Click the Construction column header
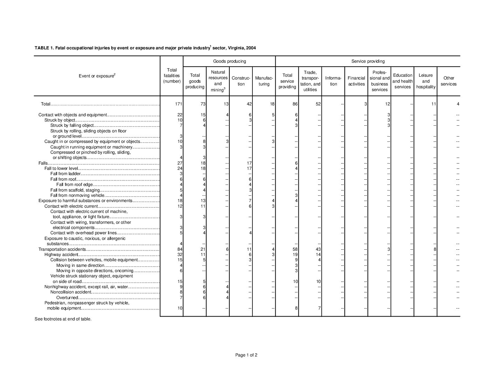point(241,81)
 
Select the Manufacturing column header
point(264,81)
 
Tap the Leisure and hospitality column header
point(425,81)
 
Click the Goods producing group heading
point(229,61)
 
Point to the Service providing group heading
point(368,61)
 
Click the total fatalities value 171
point(178,104)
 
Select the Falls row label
point(43,163)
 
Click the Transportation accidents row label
point(62,249)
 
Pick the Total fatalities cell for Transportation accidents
point(180,249)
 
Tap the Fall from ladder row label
point(65,174)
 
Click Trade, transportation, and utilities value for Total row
point(318,104)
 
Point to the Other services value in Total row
point(457,104)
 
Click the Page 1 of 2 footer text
point(246,355)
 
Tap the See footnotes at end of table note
point(63,319)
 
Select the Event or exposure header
point(97,76)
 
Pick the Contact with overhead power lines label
point(83,233)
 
